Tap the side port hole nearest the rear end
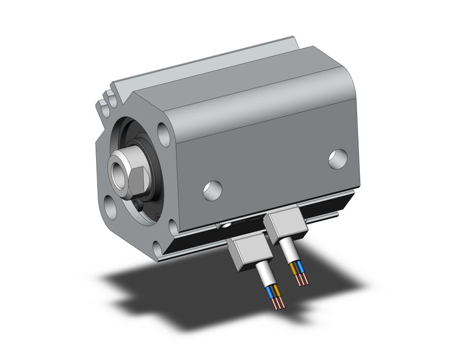click(x=336, y=158)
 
